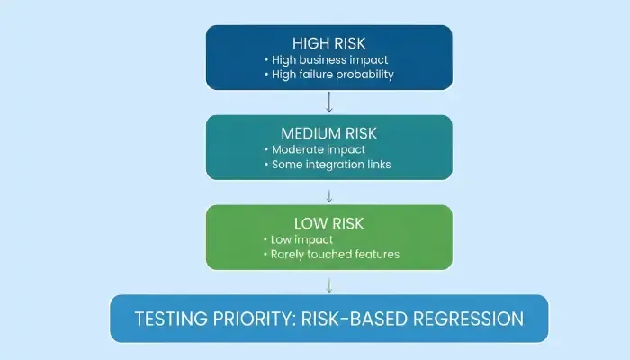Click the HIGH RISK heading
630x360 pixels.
tap(329, 43)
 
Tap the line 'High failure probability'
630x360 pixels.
tap(333, 75)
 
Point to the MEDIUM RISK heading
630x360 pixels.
tap(329, 133)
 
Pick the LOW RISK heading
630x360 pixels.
tap(329, 223)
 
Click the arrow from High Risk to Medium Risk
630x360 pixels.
tap(329, 101)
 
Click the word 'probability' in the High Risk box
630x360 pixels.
tap(363, 75)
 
